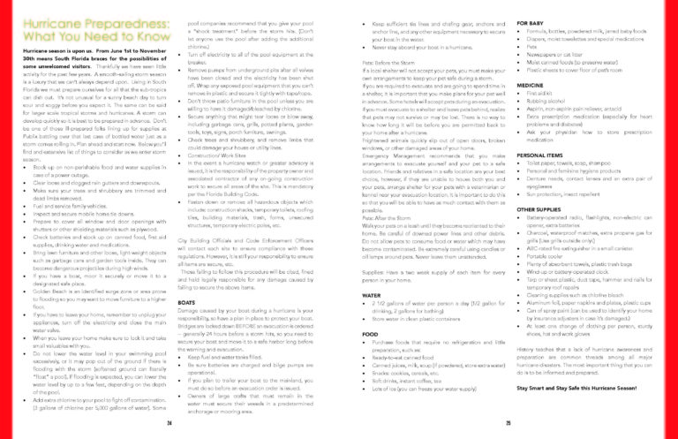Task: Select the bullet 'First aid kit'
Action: (x=540, y=94)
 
